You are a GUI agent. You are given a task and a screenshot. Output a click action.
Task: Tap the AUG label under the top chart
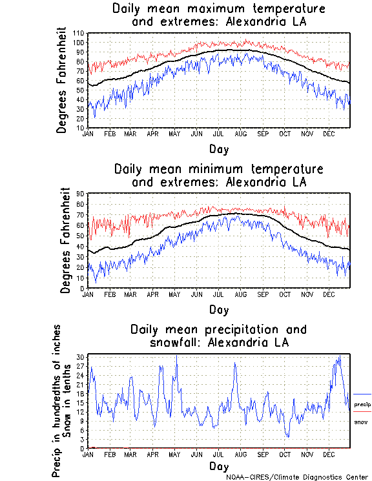240,134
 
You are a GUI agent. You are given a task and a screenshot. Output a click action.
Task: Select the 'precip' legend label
362,404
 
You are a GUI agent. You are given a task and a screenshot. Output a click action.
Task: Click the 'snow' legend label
360,422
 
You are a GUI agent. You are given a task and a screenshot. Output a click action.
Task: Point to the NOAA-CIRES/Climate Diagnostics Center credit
298,477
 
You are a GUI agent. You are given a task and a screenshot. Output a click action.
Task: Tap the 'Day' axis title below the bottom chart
219,466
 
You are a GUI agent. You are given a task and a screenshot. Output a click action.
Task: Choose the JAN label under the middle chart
88,294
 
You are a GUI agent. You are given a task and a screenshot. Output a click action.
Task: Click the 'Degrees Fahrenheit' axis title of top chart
62,79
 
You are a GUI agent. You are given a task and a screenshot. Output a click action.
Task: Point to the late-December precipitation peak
339,356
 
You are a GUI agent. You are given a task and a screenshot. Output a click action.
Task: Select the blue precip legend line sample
362,394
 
